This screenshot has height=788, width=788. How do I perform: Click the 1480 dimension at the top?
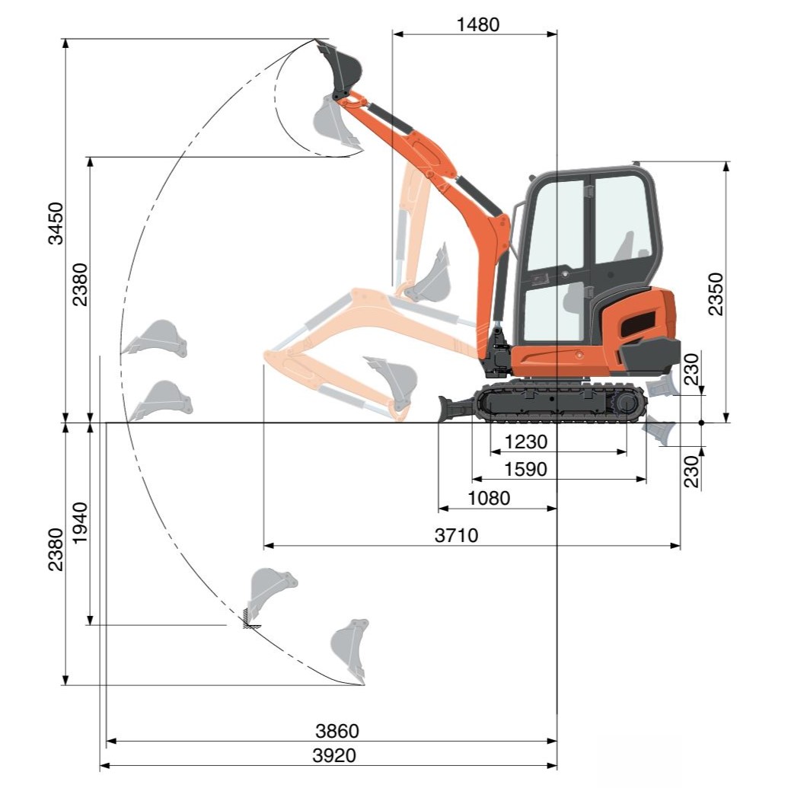pos(477,24)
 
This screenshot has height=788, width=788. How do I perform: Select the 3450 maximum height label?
pos(56,224)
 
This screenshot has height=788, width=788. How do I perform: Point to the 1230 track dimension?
pos(525,442)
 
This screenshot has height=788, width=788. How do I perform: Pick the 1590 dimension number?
pos(525,469)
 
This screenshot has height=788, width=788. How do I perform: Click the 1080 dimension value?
pos(488,499)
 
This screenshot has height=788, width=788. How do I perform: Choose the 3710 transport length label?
pos(456,535)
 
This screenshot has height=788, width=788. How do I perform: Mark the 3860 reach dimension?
pos(337,731)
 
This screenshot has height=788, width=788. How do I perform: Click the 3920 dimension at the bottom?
pos(333,755)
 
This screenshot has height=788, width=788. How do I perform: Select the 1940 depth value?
pos(80,523)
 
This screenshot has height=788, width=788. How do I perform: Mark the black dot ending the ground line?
pos(701,423)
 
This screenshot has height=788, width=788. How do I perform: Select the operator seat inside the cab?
pos(623,251)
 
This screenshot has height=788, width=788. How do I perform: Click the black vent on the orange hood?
pos(637,324)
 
